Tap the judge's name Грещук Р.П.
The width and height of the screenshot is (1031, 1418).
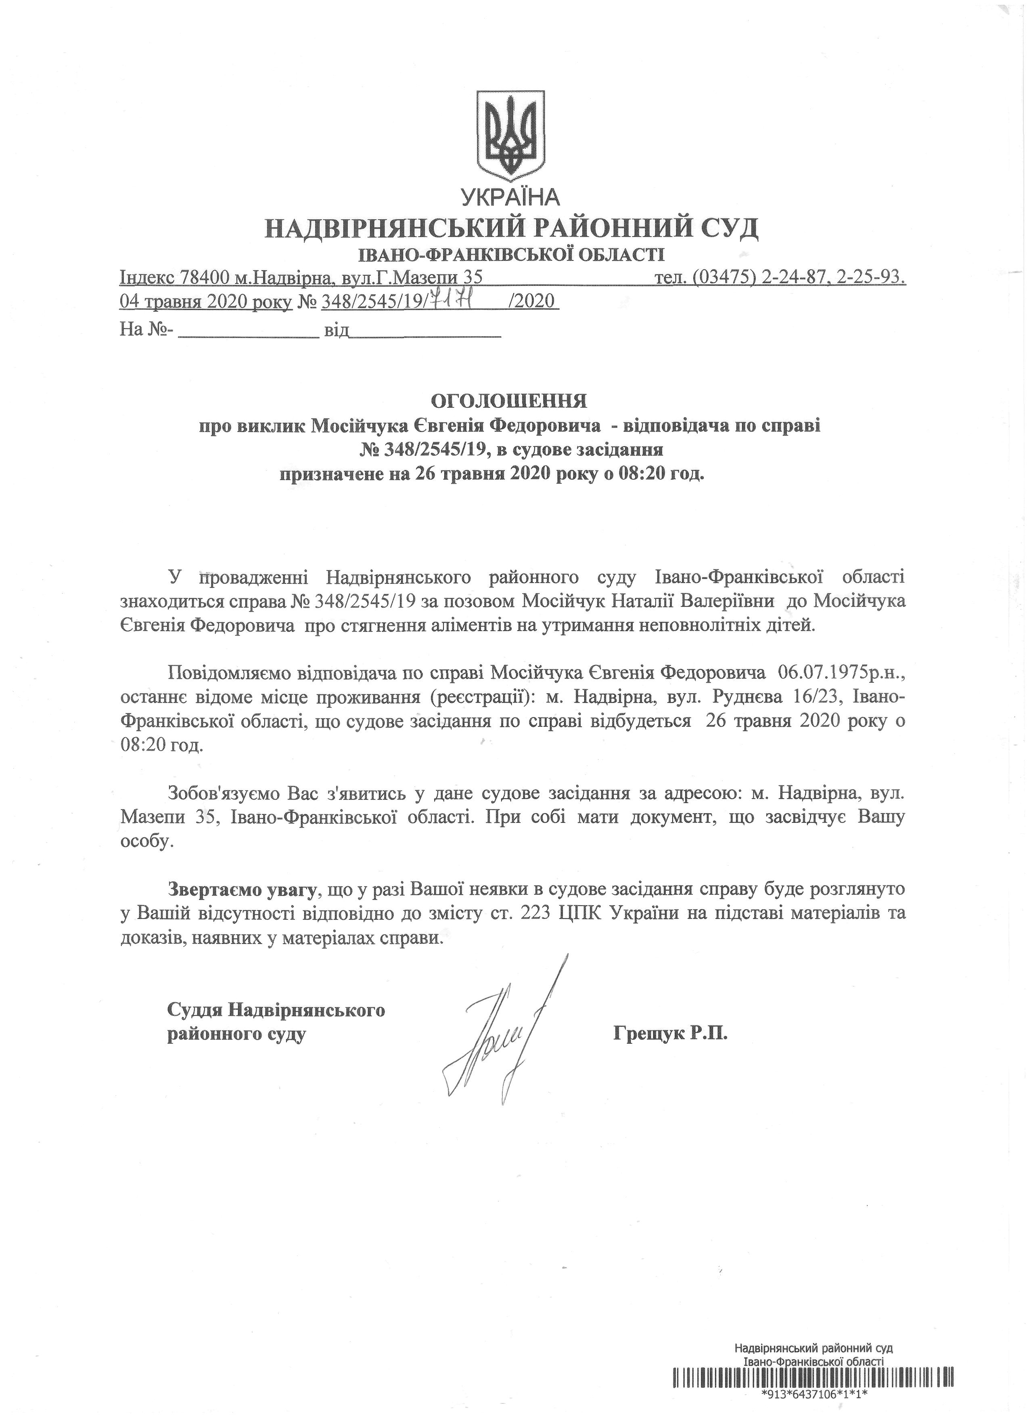[672, 1034]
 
